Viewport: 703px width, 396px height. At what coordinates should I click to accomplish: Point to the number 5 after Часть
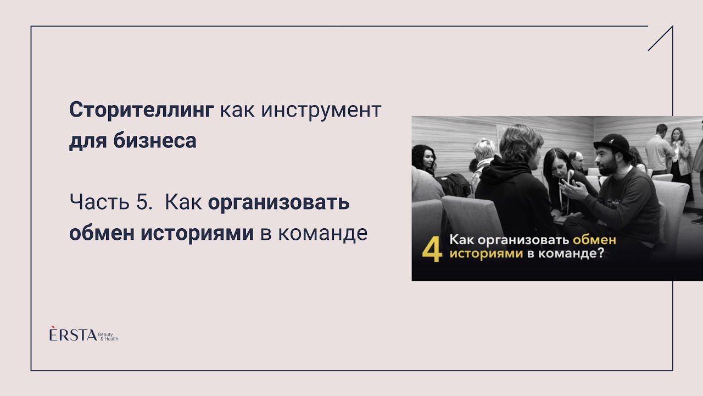point(141,203)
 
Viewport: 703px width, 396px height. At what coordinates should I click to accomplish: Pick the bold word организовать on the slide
point(278,203)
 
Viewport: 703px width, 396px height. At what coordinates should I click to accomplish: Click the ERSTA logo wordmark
point(72,334)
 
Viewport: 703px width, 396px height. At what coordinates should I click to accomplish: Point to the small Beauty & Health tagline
point(108,336)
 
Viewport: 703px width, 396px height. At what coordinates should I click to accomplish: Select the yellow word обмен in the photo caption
point(594,240)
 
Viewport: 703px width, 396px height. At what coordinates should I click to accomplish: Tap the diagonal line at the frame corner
point(660,38)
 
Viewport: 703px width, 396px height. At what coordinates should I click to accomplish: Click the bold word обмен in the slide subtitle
point(98,233)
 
